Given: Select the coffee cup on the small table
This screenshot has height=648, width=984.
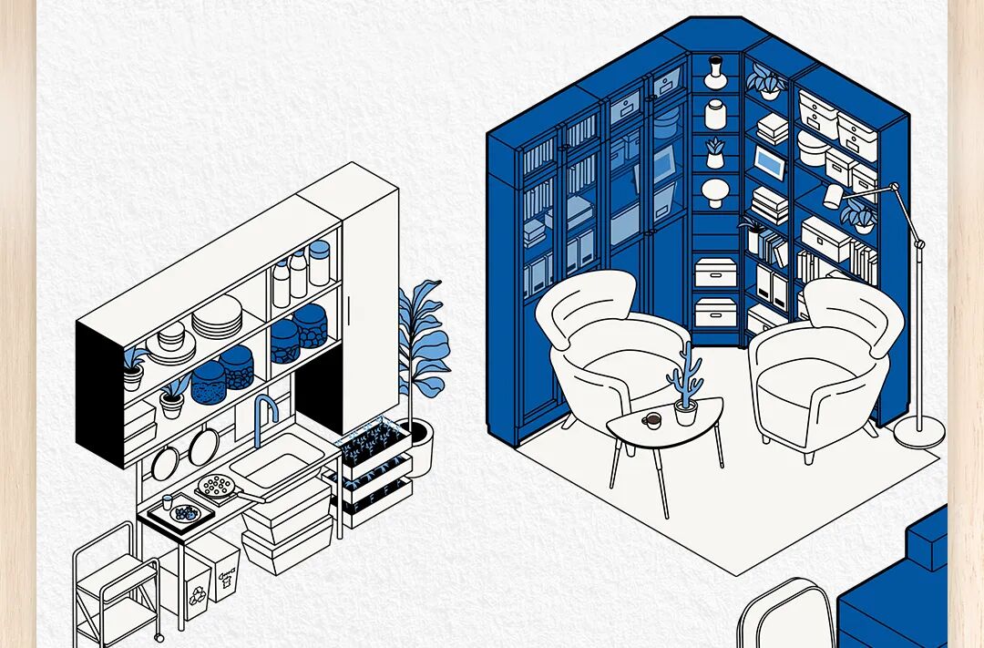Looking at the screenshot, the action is pos(652,420).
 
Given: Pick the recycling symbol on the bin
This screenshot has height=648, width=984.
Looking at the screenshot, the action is pos(197,597).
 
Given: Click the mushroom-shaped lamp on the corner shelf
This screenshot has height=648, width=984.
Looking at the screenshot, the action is pos(715,191).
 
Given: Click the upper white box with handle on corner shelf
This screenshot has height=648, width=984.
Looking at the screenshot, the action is pos(712,272).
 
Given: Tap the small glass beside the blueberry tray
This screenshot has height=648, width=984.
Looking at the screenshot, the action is pos(168,503).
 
